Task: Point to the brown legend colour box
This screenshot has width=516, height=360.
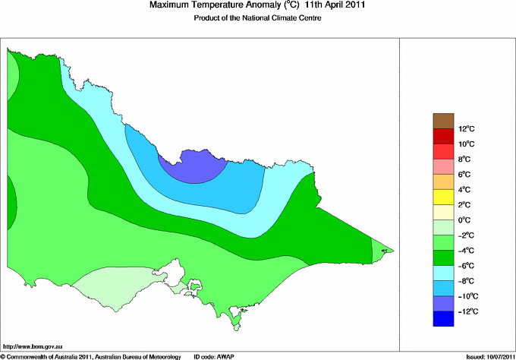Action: point(443,121)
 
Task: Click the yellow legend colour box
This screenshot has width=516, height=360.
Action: point(443,197)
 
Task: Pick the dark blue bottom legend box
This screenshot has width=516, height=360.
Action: point(443,319)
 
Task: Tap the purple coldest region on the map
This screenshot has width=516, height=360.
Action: point(188,166)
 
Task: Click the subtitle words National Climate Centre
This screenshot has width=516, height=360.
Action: point(285,18)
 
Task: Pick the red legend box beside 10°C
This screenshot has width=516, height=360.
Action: point(443,136)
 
